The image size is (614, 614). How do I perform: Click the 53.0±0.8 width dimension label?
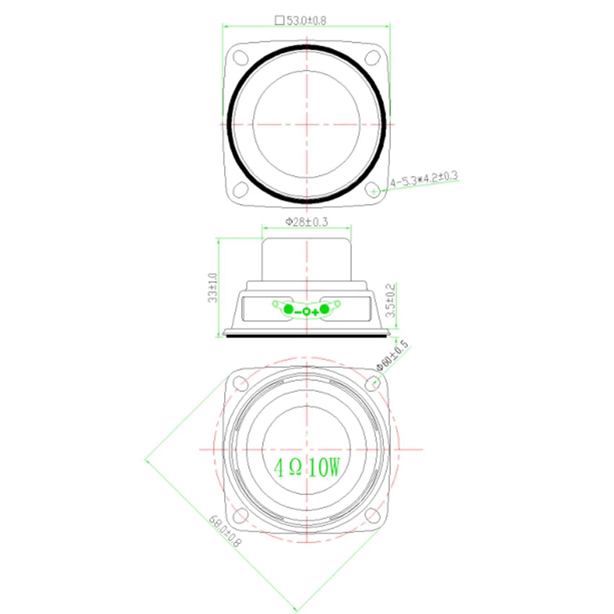point(306,21)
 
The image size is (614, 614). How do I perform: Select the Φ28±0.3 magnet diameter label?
point(307,222)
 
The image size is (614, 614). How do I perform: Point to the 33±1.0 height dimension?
point(213,287)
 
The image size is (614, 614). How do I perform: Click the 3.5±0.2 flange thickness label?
point(390,300)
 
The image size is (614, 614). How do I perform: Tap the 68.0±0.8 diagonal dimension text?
point(225,531)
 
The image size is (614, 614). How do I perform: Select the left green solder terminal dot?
point(289,309)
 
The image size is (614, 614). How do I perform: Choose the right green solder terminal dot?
point(324,309)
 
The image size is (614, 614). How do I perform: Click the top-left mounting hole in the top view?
point(241,57)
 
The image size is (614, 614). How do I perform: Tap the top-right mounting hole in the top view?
point(372,57)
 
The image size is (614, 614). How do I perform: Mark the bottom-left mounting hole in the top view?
point(241,190)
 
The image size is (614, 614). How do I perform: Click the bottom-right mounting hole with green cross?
point(373,190)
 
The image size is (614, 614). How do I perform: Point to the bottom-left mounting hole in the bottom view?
point(241,516)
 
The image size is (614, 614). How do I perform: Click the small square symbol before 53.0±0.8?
point(280,20)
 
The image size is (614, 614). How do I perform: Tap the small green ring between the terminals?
point(306,311)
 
